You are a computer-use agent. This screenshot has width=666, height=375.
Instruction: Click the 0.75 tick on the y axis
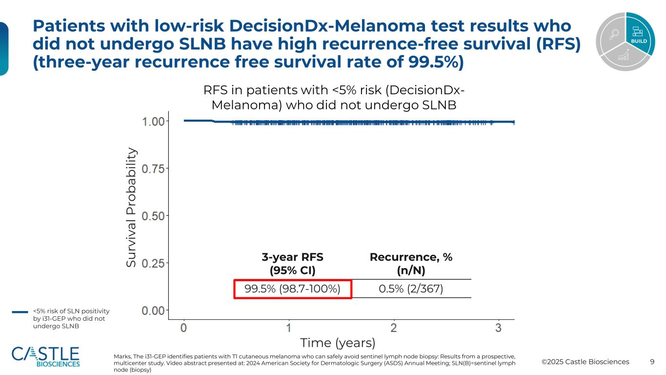click(x=154, y=168)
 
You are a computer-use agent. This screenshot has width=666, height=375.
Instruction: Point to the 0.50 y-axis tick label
click(x=154, y=215)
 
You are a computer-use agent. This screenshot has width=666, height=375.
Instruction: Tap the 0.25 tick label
click(x=154, y=263)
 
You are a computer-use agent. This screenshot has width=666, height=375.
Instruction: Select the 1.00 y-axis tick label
click(x=154, y=121)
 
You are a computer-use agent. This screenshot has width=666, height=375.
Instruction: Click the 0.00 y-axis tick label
click(x=154, y=310)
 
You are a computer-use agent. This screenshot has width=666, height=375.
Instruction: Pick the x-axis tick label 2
click(x=394, y=328)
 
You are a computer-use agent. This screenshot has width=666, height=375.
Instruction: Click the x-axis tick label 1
click(x=289, y=328)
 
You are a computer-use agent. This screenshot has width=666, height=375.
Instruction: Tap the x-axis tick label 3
click(x=499, y=328)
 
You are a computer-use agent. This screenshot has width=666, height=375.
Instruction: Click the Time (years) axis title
click(x=338, y=342)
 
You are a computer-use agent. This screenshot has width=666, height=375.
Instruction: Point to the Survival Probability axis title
click(x=131, y=208)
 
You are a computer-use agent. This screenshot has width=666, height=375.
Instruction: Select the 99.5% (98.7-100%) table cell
click(x=292, y=289)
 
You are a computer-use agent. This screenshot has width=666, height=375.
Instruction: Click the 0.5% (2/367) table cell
click(x=411, y=289)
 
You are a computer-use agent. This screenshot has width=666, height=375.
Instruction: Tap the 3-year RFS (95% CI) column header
click(x=292, y=264)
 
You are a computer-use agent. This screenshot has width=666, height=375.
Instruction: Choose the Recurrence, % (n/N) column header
click(x=411, y=264)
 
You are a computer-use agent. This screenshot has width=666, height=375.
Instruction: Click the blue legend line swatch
click(x=20, y=312)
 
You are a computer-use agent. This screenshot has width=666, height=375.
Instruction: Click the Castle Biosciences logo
click(x=45, y=357)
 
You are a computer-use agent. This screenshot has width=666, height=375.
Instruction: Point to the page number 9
click(x=652, y=362)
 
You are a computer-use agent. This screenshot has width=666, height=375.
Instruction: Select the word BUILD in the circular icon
click(x=639, y=41)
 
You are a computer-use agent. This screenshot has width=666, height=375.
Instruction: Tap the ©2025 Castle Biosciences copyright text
click(x=585, y=362)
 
